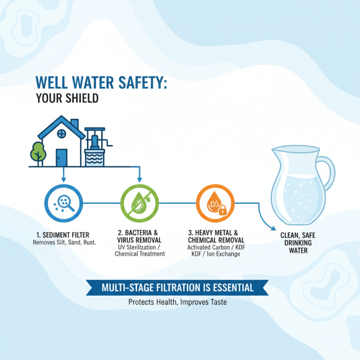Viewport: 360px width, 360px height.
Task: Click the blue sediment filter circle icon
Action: pos(63,202)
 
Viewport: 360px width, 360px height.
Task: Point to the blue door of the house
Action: pos(61,157)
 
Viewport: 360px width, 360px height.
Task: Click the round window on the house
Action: pos(62,134)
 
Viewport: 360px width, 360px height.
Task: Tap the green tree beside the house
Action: pos(38,152)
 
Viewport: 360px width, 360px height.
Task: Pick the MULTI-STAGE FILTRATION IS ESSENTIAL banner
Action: pos(177,287)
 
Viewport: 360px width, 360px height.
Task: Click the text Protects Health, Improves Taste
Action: pos(177,302)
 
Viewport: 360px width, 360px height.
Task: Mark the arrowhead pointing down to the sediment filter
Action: pos(63,180)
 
